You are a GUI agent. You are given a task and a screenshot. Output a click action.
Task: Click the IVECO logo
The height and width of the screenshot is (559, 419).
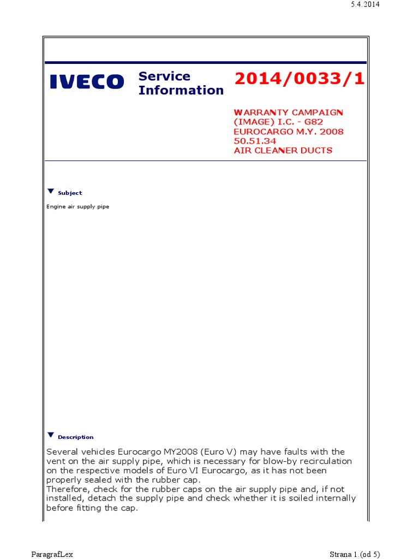(87, 82)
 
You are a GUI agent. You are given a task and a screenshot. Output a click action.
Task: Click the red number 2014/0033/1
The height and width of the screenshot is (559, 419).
(299, 79)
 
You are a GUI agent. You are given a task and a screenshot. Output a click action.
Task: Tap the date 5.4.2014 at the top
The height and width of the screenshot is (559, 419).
(364, 4)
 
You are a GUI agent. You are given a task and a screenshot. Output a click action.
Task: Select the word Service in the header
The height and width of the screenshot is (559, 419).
(164, 76)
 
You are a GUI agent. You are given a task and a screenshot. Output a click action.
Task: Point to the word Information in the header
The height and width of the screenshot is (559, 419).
(181, 91)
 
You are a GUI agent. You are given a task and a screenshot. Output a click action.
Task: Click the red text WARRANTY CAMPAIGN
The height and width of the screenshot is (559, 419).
(289, 112)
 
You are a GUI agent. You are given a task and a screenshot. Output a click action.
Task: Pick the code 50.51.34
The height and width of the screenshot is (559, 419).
(255, 141)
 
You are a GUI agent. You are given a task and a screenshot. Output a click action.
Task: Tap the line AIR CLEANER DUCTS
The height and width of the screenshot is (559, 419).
(283, 151)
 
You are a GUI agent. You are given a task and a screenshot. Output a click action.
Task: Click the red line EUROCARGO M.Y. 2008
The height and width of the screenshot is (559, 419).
(289, 132)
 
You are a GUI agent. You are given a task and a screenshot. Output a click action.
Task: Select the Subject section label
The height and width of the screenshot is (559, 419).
(70, 193)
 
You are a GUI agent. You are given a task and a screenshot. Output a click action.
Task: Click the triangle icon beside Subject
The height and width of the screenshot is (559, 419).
(51, 191)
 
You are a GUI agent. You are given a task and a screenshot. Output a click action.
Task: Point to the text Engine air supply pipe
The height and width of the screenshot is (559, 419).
(77, 207)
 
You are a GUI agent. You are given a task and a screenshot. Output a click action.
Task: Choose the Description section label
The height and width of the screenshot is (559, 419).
(75, 437)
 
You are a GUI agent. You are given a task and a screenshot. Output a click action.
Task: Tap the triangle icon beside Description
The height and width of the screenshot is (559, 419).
(51, 435)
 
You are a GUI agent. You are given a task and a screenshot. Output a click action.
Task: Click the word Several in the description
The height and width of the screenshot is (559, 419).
(63, 452)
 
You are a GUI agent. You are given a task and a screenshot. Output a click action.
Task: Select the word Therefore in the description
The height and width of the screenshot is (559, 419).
(67, 489)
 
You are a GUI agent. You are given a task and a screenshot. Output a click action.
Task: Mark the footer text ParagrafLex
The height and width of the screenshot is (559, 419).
(52, 555)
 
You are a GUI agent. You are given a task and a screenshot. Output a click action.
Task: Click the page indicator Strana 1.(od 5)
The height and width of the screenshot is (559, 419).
(355, 555)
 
